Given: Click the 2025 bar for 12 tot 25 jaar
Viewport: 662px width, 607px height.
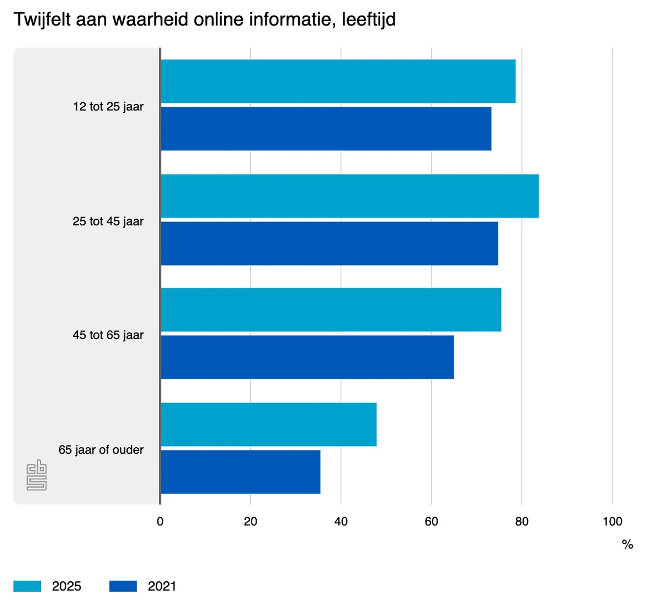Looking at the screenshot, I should click(x=338, y=81).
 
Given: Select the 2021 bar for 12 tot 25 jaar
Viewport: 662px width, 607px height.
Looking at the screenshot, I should click(x=326, y=129).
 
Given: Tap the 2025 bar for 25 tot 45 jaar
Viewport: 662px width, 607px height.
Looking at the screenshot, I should click(x=350, y=196).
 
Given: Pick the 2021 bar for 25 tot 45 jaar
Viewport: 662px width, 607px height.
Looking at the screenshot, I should click(x=329, y=244).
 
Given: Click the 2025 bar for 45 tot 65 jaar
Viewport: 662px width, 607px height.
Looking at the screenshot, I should click(x=331, y=310).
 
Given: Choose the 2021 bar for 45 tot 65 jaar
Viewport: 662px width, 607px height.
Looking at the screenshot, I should click(x=307, y=357).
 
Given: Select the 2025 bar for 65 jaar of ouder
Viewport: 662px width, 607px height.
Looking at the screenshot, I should click(x=268, y=425).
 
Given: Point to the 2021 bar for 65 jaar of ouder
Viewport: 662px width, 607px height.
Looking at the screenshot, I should click(x=241, y=472).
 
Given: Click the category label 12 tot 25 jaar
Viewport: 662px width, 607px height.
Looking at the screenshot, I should click(x=108, y=107).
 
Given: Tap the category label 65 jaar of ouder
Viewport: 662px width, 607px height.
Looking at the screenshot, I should click(x=101, y=450).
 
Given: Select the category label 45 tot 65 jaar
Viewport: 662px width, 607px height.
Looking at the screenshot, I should click(x=108, y=335).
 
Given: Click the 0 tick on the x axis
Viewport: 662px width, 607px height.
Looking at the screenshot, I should click(x=160, y=522).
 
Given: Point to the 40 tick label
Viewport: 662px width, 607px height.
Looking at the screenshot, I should click(x=341, y=522).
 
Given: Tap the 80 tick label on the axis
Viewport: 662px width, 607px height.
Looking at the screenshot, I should click(x=522, y=522).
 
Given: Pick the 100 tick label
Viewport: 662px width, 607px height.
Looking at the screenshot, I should click(x=612, y=522).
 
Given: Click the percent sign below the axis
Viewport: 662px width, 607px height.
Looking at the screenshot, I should click(x=627, y=545).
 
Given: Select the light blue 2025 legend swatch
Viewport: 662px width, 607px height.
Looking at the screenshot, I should click(x=27, y=586).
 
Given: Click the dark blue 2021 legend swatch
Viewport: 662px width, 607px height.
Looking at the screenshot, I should click(x=123, y=586).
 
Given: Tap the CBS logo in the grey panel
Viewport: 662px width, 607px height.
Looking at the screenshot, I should click(x=37, y=475).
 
